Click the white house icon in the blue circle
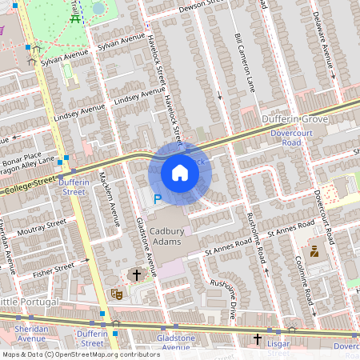pos(180,173)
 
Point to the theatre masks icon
pos(116,294)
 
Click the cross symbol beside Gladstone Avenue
pos(137,275)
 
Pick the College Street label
pos(32,186)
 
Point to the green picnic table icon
pos(76,18)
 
